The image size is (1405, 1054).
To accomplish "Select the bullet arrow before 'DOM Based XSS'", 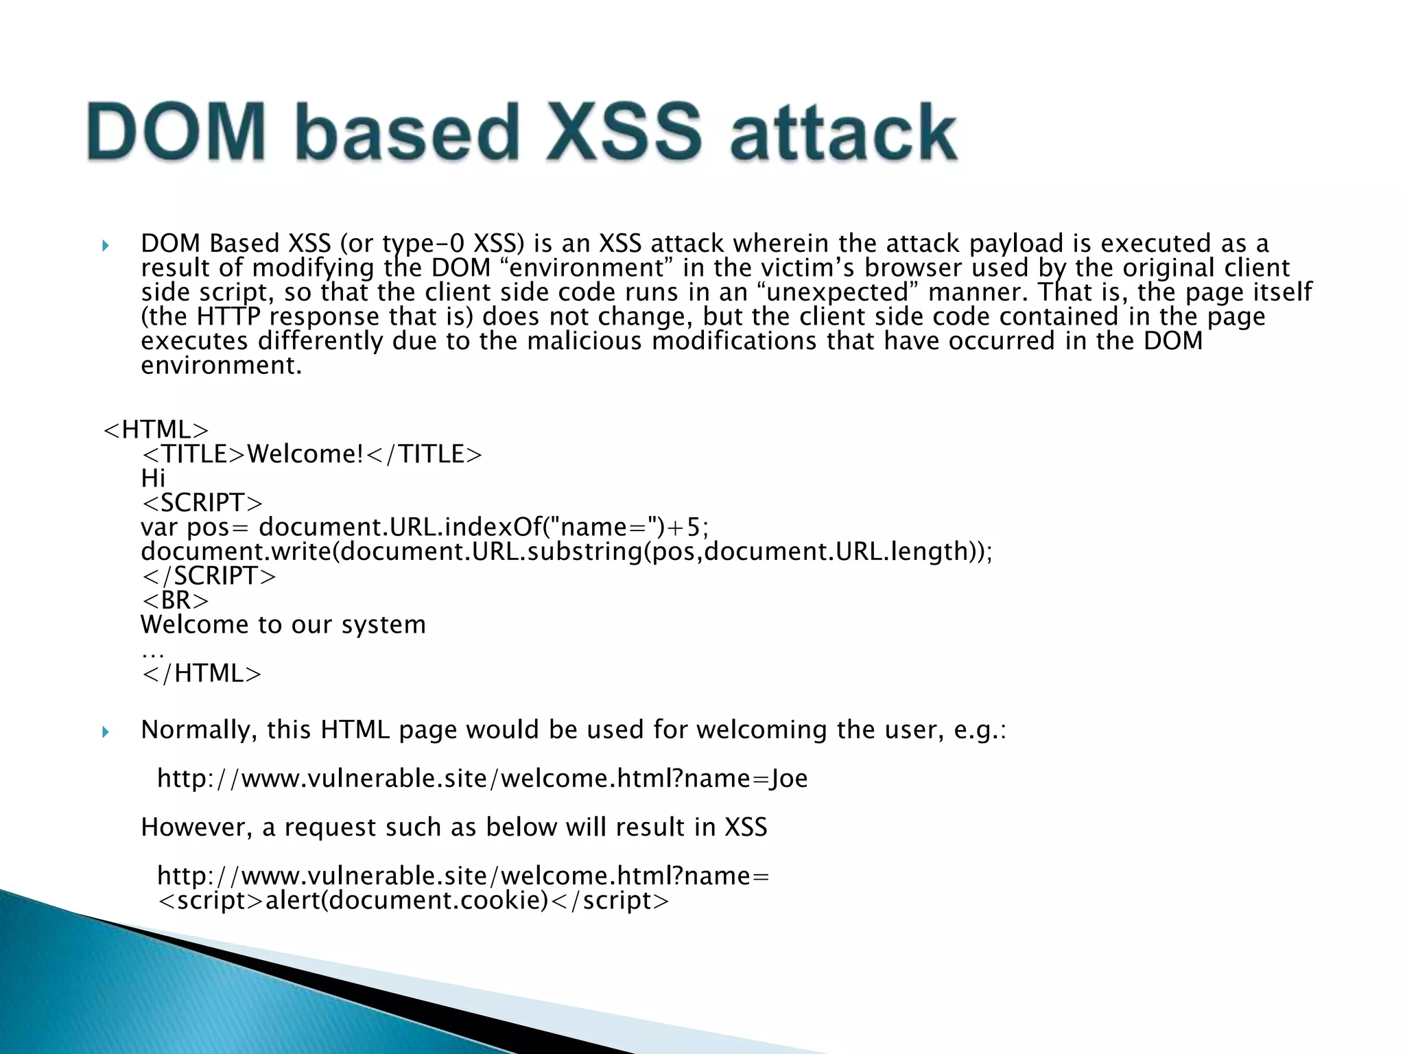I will [105, 245].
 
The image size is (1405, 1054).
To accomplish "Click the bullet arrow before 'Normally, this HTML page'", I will [105, 731].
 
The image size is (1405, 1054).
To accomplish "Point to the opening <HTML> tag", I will [155, 430].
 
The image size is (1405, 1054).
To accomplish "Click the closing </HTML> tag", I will [201, 674].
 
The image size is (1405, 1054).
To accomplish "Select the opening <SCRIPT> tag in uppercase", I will [202, 503].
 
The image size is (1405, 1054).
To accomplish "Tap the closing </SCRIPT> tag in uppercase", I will [209, 576].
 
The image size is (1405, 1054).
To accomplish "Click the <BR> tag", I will [175, 600].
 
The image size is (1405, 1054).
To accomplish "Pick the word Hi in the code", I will [153, 478].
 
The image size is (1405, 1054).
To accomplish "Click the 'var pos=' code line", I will [424, 528].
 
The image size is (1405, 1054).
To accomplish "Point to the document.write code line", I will [566, 552].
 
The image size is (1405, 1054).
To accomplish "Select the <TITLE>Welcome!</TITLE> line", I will [311, 454].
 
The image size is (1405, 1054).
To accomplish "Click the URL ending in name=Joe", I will [482, 779].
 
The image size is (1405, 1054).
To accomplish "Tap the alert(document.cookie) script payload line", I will [413, 900].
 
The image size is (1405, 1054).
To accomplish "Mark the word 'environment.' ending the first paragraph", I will [221, 366].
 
